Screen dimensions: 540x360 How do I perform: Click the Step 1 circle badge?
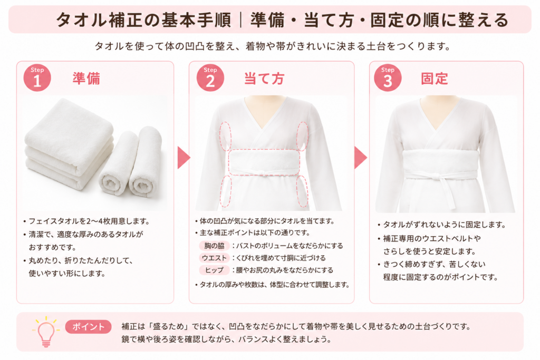tap(37, 77)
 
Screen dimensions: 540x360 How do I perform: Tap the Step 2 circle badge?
tap(210, 77)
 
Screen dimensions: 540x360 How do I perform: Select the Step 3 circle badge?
tap(388, 77)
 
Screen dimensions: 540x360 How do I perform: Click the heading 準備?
tap(86, 79)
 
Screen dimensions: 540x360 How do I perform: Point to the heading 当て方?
tap(264, 79)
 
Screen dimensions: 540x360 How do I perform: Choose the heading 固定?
tap(435, 79)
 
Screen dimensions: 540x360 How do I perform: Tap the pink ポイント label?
tap(88, 327)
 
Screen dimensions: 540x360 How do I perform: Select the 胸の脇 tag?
tap(214, 246)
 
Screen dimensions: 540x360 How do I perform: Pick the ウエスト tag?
tap(214, 258)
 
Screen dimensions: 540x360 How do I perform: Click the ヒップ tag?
tap(214, 270)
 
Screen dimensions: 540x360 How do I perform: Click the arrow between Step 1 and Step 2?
tap(184, 158)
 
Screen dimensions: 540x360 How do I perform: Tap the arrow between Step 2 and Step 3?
tap(361, 158)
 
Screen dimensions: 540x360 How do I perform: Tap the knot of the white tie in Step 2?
tap(263, 172)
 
